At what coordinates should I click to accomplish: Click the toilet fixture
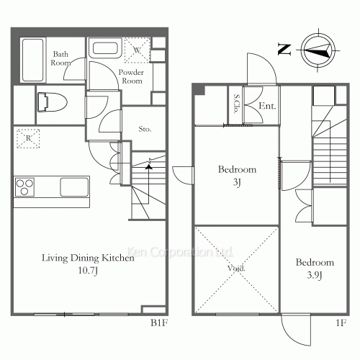(52, 102)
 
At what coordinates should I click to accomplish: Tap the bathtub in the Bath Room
(33, 60)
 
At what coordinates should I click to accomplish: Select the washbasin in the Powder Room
(105, 48)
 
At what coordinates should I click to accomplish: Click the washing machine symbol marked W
(138, 50)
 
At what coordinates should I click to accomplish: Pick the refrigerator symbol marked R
(28, 138)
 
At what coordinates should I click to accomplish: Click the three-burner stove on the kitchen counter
(24, 187)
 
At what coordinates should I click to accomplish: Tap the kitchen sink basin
(74, 186)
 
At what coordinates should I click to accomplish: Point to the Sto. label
(145, 129)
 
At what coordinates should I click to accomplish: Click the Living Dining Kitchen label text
(88, 258)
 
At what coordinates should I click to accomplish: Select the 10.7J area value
(88, 271)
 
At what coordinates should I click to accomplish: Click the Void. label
(236, 268)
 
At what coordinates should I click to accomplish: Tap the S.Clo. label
(236, 104)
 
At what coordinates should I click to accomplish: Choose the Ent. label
(267, 106)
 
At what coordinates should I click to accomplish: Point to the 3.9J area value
(315, 275)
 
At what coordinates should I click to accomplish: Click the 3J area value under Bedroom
(237, 182)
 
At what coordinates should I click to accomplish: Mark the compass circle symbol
(318, 50)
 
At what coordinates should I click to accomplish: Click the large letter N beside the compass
(284, 50)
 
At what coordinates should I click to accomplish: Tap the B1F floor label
(159, 323)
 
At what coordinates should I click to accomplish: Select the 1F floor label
(341, 323)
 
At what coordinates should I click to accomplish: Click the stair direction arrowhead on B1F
(149, 166)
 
